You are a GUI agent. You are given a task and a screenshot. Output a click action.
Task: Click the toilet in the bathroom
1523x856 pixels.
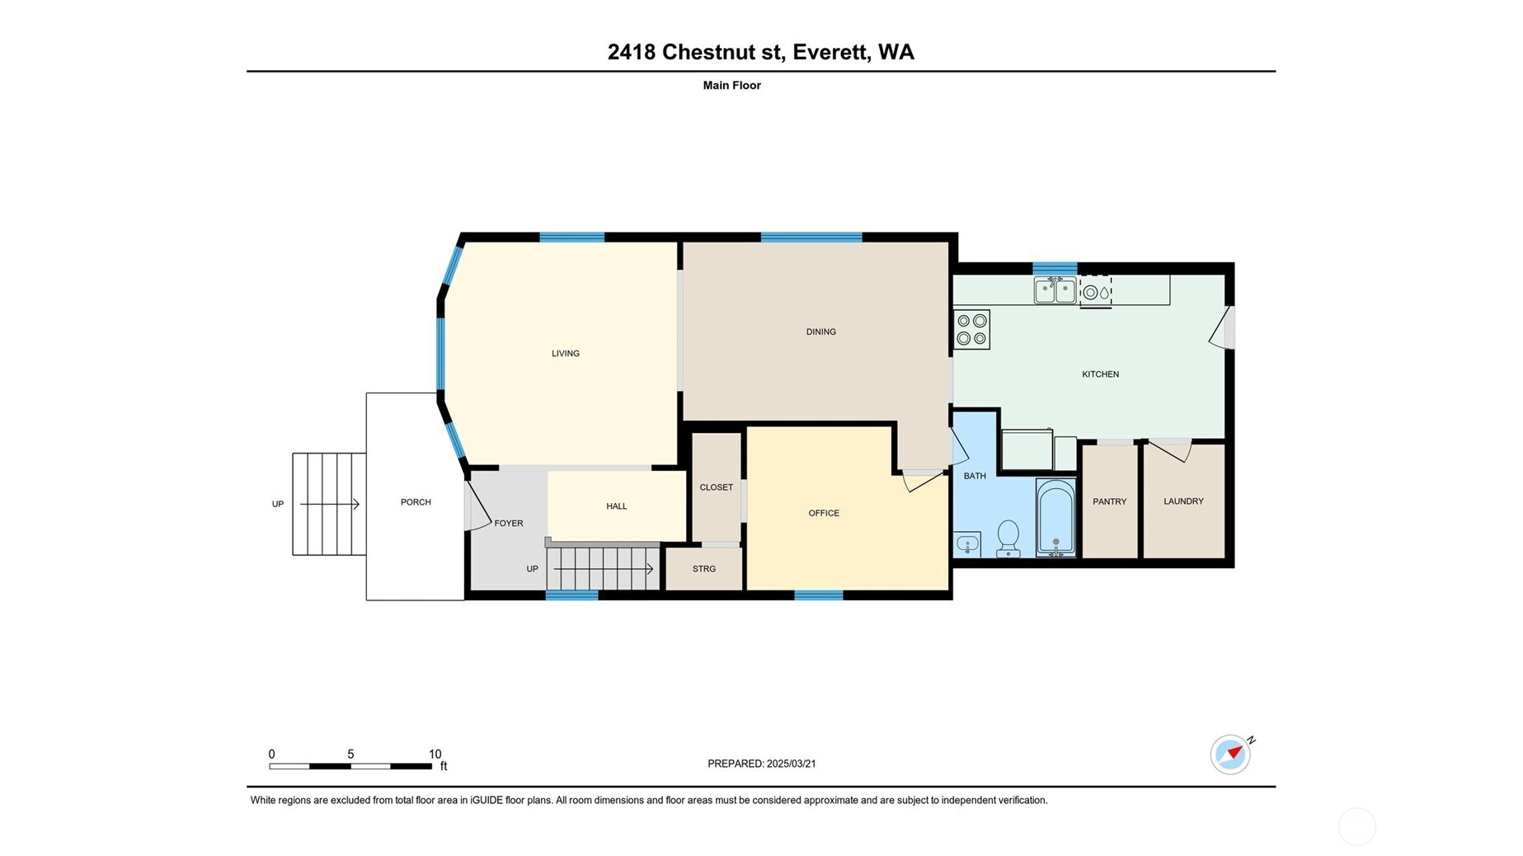(x=1008, y=539)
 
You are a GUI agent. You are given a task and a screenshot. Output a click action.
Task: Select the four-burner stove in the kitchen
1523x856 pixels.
(x=971, y=329)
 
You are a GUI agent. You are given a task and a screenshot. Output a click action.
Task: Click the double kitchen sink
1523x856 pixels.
(x=1055, y=290)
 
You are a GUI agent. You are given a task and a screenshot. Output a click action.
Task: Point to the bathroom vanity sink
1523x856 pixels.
(x=967, y=544)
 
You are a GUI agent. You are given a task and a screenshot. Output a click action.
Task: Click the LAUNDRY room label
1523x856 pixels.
(x=1183, y=501)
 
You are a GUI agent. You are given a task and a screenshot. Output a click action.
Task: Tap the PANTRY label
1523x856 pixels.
(x=1109, y=501)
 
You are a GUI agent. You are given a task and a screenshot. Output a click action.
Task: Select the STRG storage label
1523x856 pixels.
(x=704, y=569)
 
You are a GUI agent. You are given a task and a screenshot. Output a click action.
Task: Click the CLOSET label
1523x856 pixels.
(x=716, y=487)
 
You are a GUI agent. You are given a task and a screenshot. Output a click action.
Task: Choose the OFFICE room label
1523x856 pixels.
(x=824, y=513)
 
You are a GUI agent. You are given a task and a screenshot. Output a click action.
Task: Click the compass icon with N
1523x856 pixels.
(x=1230, y=754)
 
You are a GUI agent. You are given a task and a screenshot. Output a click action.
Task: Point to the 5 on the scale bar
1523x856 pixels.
(x=350, y=755)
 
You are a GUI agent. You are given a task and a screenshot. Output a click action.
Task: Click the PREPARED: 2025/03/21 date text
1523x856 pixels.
(x=761, y=764)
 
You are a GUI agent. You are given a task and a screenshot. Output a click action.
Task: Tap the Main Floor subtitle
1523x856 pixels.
(x=731, y=85)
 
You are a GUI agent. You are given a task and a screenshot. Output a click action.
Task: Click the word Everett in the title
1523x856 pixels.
(x=830, y=52)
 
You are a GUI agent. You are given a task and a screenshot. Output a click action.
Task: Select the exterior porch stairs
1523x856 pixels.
(x=329, y=504)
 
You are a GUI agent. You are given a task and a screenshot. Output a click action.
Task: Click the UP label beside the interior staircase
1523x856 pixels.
(x=533, y=569)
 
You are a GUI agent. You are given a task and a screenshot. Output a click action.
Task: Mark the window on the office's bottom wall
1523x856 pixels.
(x=818, y=595)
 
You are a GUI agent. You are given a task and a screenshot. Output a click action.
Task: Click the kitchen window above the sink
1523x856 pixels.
(x=1055, y=268)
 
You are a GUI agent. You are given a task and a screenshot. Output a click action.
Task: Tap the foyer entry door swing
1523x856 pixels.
(x=477, y=505)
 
